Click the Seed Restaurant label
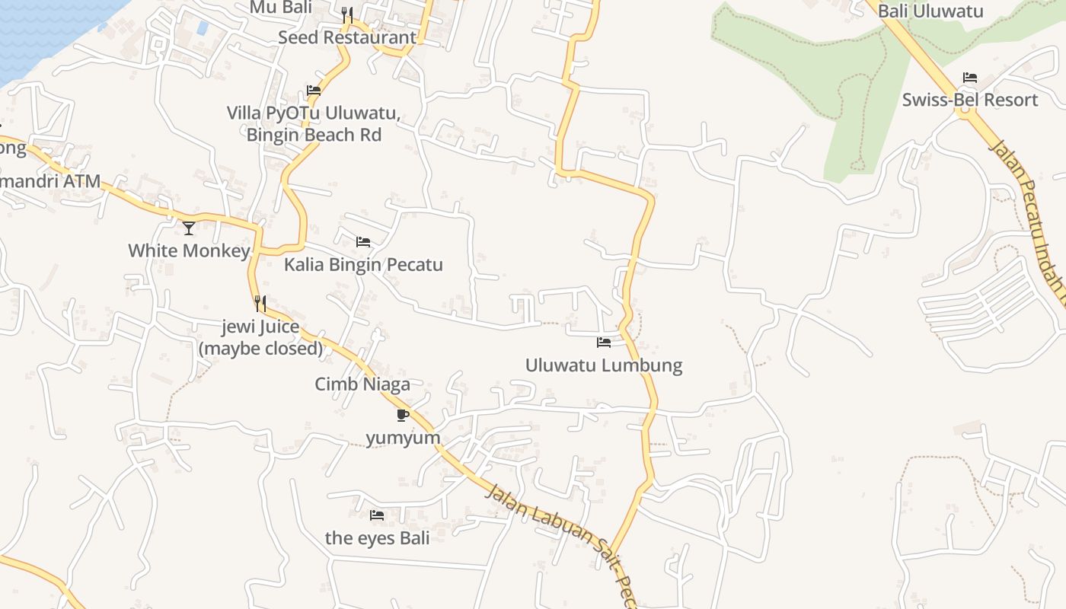pyautogui.click(x=347, y=37)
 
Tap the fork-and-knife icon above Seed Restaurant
pyautogui.click(x=347, y=14)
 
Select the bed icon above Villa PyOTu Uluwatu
pyautogui.click(x=314, y=91)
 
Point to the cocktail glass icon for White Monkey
pyautogui.click(x=189, y=228)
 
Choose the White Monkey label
pyautogui.click(x=189, y=250)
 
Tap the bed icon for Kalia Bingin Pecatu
pyautogui.click(x=363, y=242)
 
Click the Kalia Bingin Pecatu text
pyautogui.click(x=363, y=265)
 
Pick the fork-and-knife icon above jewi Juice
pyautogui.click(x=260, y=304)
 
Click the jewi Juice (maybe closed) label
pyautogui.click(x=260, y=338)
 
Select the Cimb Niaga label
pyautogui.click(x=362, y=384)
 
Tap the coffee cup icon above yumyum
pyautogui.click(x=403, y=415)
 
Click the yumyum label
pyautogui.click(x=403, y=438)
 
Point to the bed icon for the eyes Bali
pyautogui.click(x=377, y=515)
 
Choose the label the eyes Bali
pyautogui.click(x=377, y=538)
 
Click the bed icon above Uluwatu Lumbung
pyautogui.click(x=604, y=343)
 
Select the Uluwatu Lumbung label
pyautogui.click(x=604, y=365)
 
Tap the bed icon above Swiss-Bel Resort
pyautogui.click(x=970, y=78)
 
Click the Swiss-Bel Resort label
pyautogui.click(x=970, y=100)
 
